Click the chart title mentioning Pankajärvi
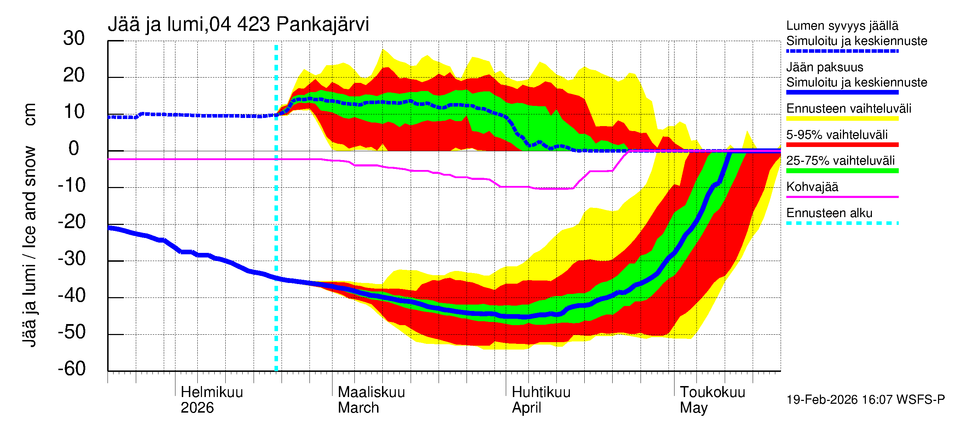pos(238,24)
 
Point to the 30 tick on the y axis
pos(74,38)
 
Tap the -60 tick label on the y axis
pos(71,369)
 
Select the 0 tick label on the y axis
pos(74,148)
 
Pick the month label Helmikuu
pos(212,392)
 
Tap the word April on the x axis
pos(526,408)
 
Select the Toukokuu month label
pos(712,392)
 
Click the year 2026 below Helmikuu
pos(197,408)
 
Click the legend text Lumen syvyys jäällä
pos(842,25)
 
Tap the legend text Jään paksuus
pos(825,67)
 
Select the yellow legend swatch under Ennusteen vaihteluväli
pos(842,119)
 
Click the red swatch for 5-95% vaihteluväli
pos(842,145)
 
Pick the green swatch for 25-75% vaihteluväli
pos(842,171)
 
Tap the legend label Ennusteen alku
pos(829,213)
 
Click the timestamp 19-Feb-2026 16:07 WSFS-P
pos(866,400)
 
